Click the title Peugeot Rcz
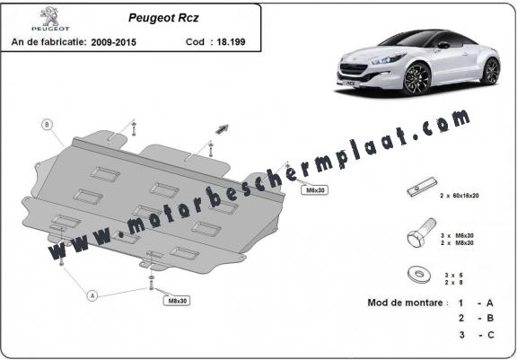163,18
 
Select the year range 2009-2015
113,42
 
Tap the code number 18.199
231,42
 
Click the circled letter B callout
48,125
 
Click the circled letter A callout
92,295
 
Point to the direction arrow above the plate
222,129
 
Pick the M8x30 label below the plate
177,301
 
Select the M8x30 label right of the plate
314,190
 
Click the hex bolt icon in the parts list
421,233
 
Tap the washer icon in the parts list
419,274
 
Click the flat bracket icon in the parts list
422,187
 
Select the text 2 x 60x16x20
460,196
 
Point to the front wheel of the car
416,78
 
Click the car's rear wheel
491,71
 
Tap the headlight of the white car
389,59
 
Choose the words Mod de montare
405,303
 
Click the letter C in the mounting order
490,335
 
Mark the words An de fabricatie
48,42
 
